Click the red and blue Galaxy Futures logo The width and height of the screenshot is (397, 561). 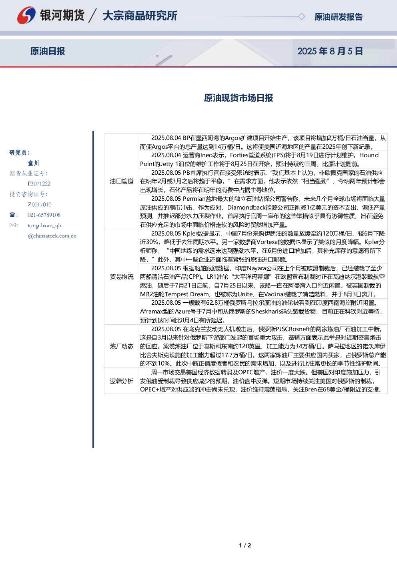pos(26,15)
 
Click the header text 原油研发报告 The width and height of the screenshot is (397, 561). pos(339,17)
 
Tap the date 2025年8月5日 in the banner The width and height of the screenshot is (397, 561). pos(330,51)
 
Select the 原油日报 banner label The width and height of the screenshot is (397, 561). pos(48,51)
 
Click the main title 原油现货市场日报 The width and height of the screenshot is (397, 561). pos(239,98)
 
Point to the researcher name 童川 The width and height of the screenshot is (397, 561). pos(33,163)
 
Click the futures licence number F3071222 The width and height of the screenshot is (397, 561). pos(39,184)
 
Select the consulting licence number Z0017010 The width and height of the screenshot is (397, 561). pos(40,204)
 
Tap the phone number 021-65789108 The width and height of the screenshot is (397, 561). pos(44,215)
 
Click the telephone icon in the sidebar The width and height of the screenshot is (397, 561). pos(12,215)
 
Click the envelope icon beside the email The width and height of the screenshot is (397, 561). pos(12,225)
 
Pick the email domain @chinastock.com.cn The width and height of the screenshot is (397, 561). pos(52,236)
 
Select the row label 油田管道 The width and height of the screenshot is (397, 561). pos(122,181)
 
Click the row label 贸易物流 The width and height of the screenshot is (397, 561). pos(122,277)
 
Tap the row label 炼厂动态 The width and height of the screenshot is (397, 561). pos(122,346)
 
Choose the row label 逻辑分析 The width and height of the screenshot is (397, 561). pos(122,381)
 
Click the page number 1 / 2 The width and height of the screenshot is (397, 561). pos(245,545)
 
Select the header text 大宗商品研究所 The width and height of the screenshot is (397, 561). pos(140,16)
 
